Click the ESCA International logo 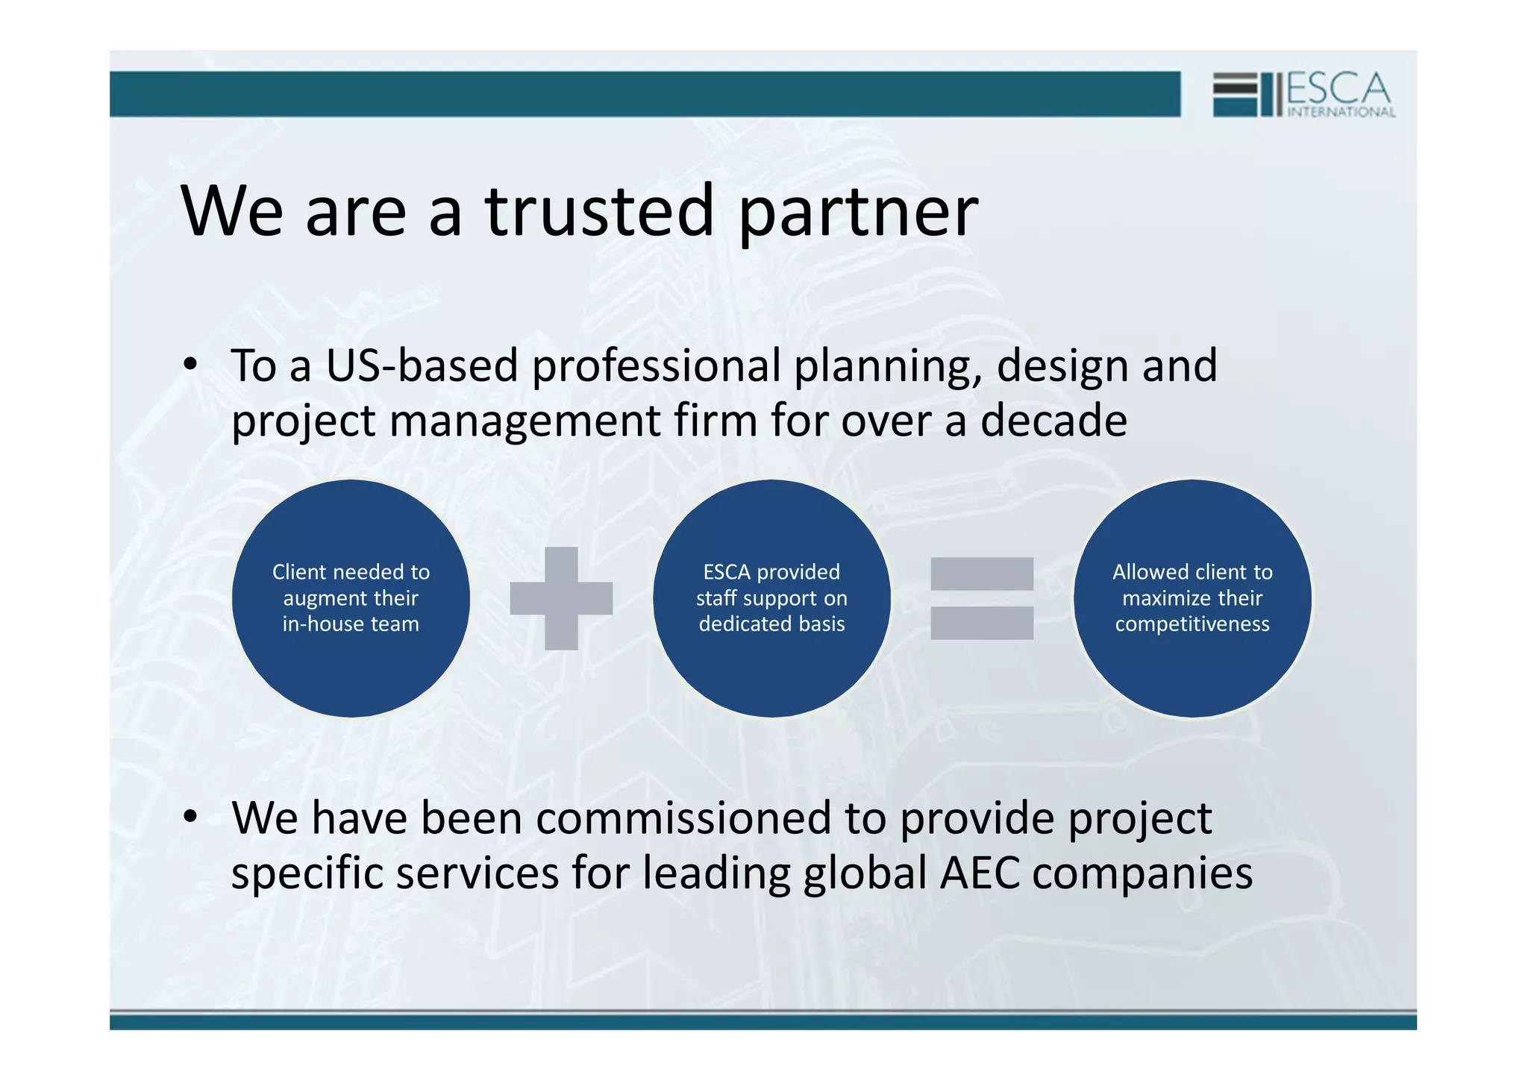[1303, 94]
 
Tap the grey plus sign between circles [561, 598]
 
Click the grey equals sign [982, 598]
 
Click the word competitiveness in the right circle [1192, 624]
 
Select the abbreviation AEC [980, 873]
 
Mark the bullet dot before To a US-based [191, 365]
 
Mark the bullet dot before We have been [191, 817]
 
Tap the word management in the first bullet [525, 421]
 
